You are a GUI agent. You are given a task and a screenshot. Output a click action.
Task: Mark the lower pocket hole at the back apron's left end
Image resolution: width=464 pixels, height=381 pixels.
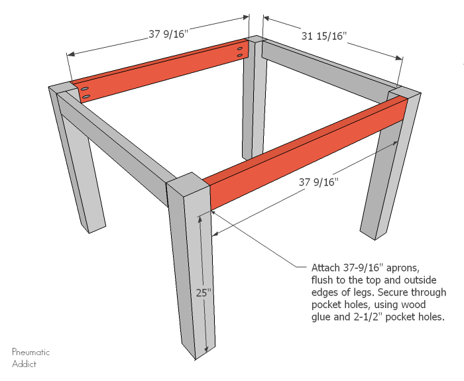click(x=86, y=98)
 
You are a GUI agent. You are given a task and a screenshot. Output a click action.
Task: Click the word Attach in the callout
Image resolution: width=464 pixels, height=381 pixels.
click(x=325, y=268)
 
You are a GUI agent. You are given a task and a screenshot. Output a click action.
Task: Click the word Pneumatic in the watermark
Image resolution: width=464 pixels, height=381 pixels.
click(x=31, y=353)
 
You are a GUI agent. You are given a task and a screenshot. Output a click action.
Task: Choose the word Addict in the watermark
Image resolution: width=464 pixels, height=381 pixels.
click(x=24, y=364)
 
